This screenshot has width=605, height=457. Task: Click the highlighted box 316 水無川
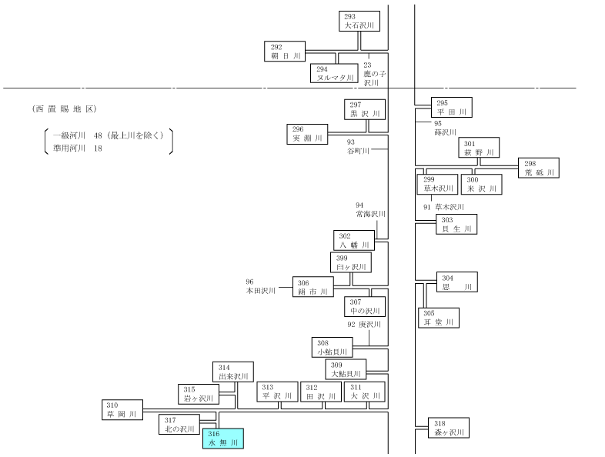click(x=223, y=439)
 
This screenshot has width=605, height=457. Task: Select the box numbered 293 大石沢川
click(x=359, y=22)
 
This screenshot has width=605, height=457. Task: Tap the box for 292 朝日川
click(x=285, y=52)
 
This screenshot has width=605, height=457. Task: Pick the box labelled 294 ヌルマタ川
click(x=334, y=73)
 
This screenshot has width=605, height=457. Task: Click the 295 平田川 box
click(x=451, y=107)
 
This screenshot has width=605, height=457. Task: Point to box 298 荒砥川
click(x=539, y=168)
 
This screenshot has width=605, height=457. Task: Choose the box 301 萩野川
click(x=480, y=148)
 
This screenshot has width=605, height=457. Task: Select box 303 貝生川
click(x=457, y=225)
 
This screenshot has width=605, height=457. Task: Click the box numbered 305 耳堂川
click(x=439, y=318)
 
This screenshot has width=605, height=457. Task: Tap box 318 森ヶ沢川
click(x=449, y=428)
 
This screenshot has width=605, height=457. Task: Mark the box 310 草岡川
click(x=122, y=409)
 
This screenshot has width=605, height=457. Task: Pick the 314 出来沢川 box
click(x=233, y=372)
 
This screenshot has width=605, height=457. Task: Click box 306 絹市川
click(x=313, y=287)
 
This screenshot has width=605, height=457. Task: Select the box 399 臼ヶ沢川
click(x=351, y=262)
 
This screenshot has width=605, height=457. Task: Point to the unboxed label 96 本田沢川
click(x=261, y=286)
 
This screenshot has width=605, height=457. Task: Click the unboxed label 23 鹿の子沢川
click(x=375, y=74)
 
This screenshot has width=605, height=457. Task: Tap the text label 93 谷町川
click(x=358, y=146)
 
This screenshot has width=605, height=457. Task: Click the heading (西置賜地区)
click(x=65, y=109)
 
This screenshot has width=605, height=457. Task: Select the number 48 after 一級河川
click(x=98, y=135)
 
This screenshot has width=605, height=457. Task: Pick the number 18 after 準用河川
click(x=98, y=148)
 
